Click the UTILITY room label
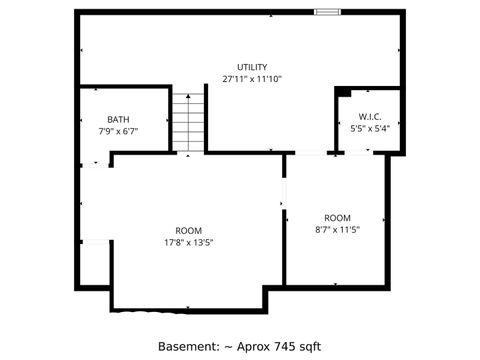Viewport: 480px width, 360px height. (x=252, y=67)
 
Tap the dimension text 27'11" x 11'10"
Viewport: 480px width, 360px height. (x=252, y=79)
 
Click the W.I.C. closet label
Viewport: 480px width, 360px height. (x=370, y=116)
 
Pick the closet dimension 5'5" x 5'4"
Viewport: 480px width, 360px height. (x=370, y=128)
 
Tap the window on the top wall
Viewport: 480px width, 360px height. (x=326, y=12)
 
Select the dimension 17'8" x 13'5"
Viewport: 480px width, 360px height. (x=189, y=242)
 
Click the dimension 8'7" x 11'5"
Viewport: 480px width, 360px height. (x=337, y=230)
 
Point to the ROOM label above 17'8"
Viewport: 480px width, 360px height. (x=189, y=230)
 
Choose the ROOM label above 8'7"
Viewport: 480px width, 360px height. (x=337, y=218)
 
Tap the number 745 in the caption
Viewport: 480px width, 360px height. (x=286, y=346)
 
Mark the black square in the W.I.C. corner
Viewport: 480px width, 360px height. (x=342, y=92)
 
